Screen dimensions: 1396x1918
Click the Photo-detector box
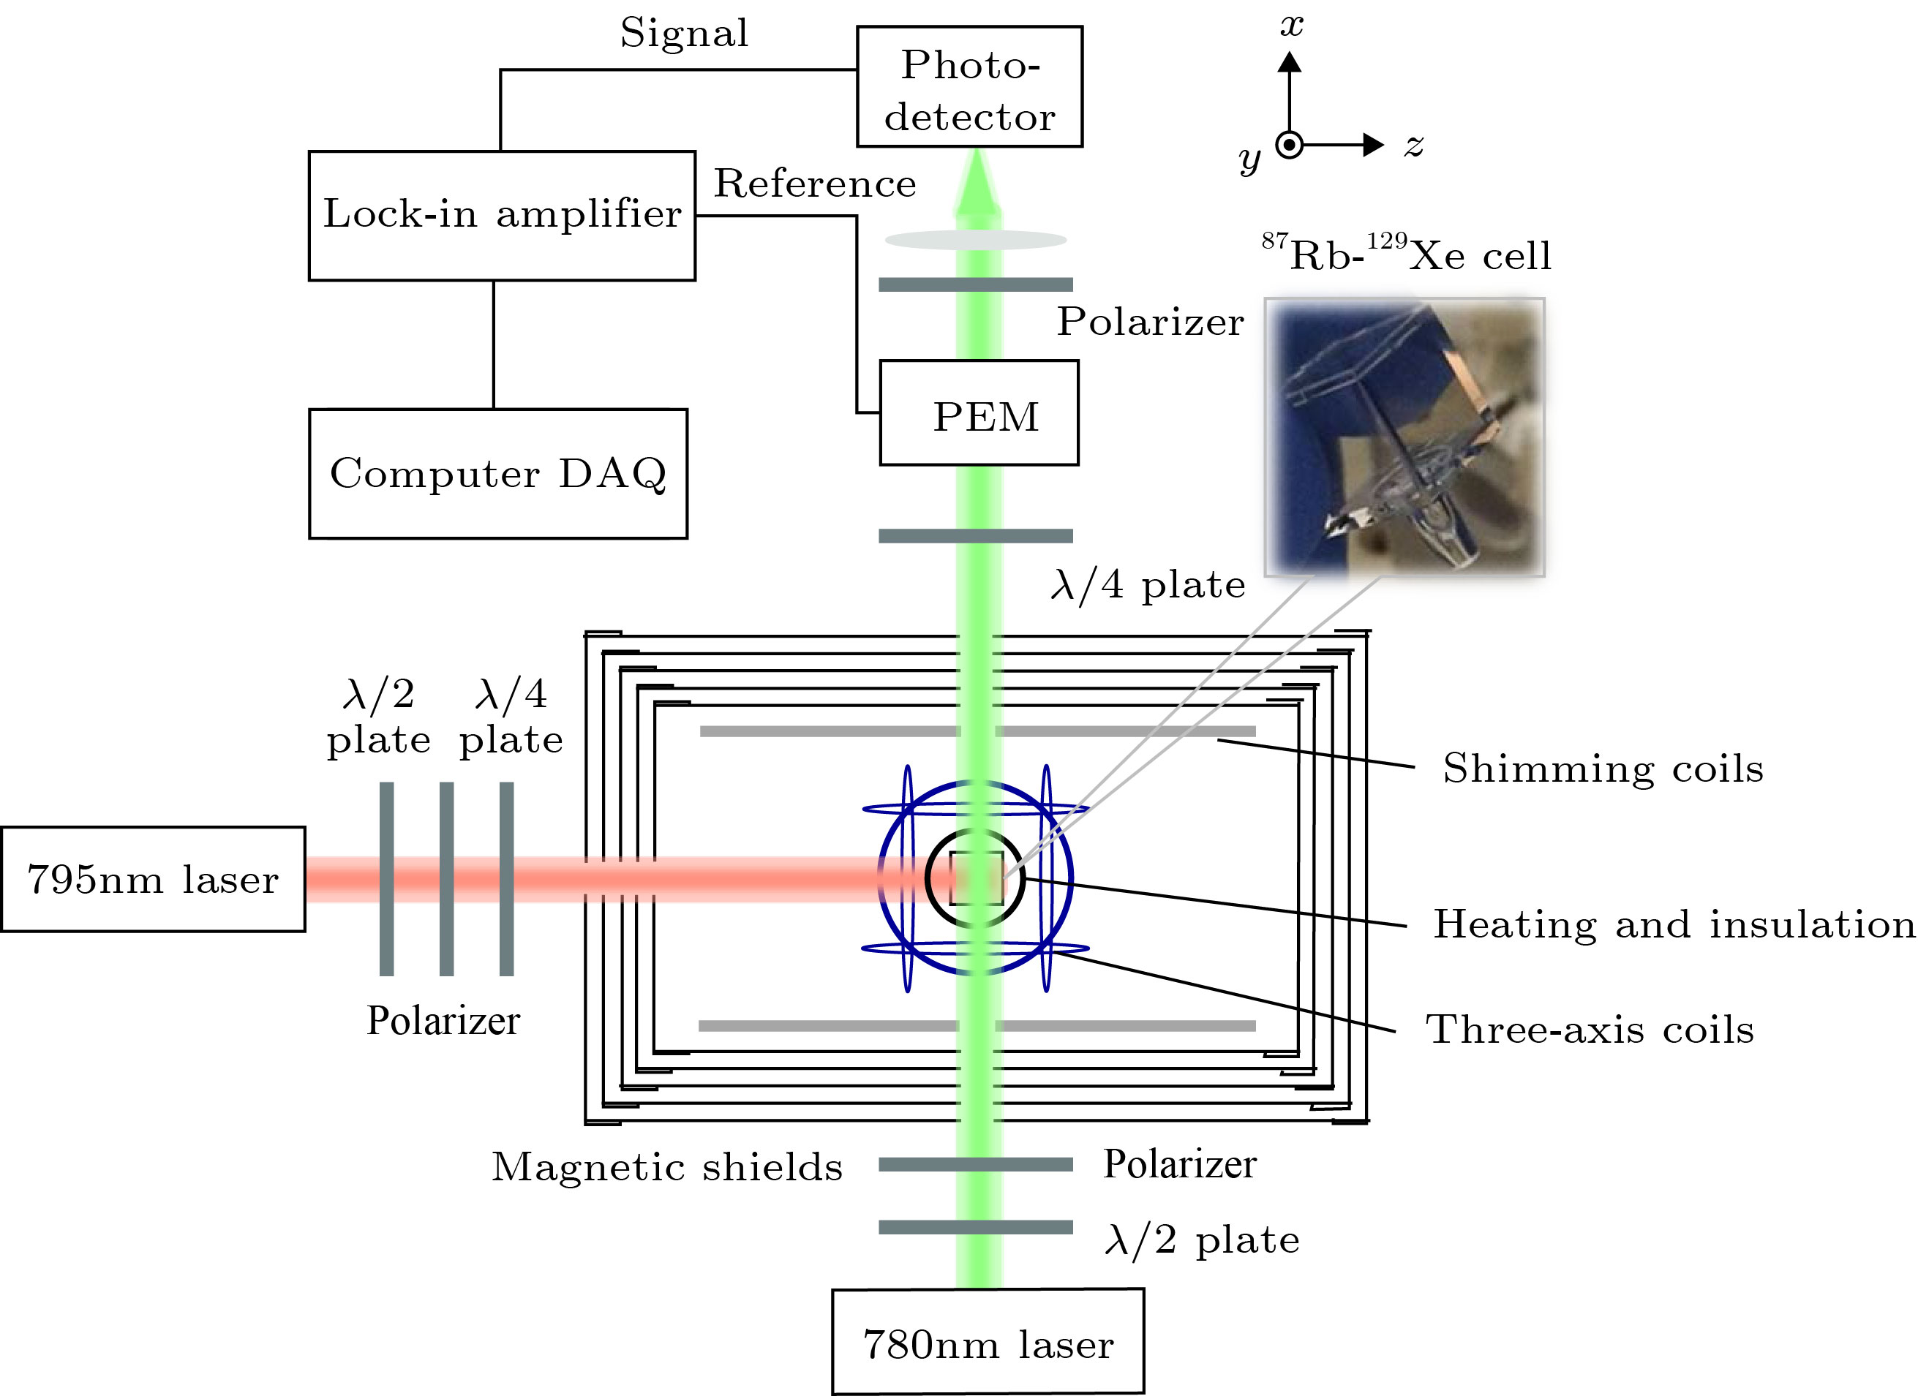[x=969, y=87]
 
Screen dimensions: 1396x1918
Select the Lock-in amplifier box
[x=502, y=215]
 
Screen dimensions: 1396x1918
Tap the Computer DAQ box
[x=498, y=474]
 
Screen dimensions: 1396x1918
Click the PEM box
[x=979, y=412]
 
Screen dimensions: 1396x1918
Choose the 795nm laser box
[x=152, y=880]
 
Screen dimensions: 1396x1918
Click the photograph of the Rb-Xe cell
[x=1404, y=437]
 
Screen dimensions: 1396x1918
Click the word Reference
[x=814, y=184]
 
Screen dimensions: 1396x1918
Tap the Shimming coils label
[x=1603, y=769]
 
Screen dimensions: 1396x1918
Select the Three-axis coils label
[x=1589, y=1030]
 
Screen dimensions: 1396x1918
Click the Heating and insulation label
[x=1674, y=924]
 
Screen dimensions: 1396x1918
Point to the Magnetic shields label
[x=666, y=1167]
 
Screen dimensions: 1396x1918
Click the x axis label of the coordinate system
[x=1290, y=26]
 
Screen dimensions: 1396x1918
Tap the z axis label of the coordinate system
[x=1413, y=146]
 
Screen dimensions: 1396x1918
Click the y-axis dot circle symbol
[x=1289, y=146]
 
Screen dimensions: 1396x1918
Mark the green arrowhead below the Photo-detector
[x=977, y=182]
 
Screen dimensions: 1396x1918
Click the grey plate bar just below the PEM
[x=976, y=535]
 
